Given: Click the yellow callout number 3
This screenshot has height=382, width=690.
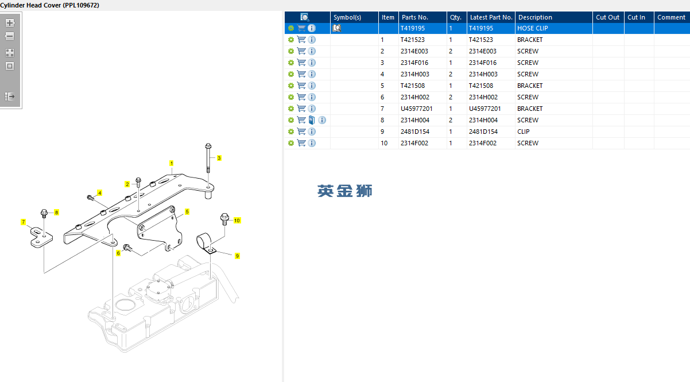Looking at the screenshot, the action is click(x=219, y=158).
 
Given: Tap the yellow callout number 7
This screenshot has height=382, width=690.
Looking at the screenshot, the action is click(x=23, y=222).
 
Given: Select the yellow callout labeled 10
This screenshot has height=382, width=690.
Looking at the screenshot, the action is click(x=237, y=221).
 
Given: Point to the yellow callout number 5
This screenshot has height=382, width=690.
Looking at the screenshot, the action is click(x=187, y=212).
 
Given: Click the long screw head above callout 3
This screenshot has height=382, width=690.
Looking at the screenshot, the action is click(x=208, y=146).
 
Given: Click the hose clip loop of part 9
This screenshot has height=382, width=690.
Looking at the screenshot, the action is click(x=204, y=241).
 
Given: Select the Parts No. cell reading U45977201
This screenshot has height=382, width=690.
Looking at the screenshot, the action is click(x=416, y=109).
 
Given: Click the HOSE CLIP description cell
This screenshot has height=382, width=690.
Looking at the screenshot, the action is click(x=533, y=28).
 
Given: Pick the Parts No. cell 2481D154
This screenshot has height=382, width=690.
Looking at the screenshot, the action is click(x=415, y=132).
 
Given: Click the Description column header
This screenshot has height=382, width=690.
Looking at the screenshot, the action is click(x=535, y=17).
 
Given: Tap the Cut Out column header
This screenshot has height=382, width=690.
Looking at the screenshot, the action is click(x=607, y=17).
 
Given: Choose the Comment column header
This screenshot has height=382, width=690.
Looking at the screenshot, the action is click(x=671, y=17).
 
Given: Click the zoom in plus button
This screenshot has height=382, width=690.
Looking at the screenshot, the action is click(x=10, y=23).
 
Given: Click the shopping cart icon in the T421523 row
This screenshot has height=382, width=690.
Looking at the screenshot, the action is click(x=301, y=40).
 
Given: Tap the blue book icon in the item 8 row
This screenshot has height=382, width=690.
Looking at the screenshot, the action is click(x=312, y=120).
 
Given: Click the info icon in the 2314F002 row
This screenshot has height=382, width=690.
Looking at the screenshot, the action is click(x=312, y=143).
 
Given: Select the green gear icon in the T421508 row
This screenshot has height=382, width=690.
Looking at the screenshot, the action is click(x=291, y=86).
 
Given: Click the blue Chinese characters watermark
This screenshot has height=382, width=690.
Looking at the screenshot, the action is click(x=344, y=191).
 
